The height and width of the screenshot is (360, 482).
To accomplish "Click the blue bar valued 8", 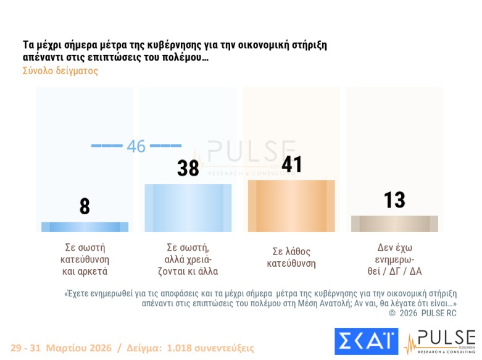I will pos(85,227).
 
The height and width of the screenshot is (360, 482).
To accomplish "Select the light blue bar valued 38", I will pos(188,207).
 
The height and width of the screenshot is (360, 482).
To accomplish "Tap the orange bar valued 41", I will pos(291,206).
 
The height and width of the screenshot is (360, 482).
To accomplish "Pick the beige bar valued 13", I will pos(394,224).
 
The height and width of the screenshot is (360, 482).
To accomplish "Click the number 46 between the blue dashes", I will pos(136,146).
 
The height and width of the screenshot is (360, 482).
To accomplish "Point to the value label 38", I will pos(188,167).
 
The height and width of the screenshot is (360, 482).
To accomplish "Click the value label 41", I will pos(291,164).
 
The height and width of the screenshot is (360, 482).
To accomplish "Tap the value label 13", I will pos(394,199).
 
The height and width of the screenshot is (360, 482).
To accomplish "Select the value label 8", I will pos(85,206).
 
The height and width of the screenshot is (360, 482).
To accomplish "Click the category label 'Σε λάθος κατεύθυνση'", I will pos(291,257).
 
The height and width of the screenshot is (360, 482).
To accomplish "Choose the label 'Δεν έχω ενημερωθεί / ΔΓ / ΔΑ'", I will pos(394,259).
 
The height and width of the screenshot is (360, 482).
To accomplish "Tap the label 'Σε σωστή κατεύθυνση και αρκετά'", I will pos(85,259).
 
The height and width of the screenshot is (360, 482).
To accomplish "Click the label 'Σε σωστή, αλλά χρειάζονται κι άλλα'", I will pos(188,259).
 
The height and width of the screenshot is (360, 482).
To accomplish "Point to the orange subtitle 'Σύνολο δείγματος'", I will pos(60,71).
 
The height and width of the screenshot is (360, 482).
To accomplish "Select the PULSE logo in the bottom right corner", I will pos(440,343).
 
